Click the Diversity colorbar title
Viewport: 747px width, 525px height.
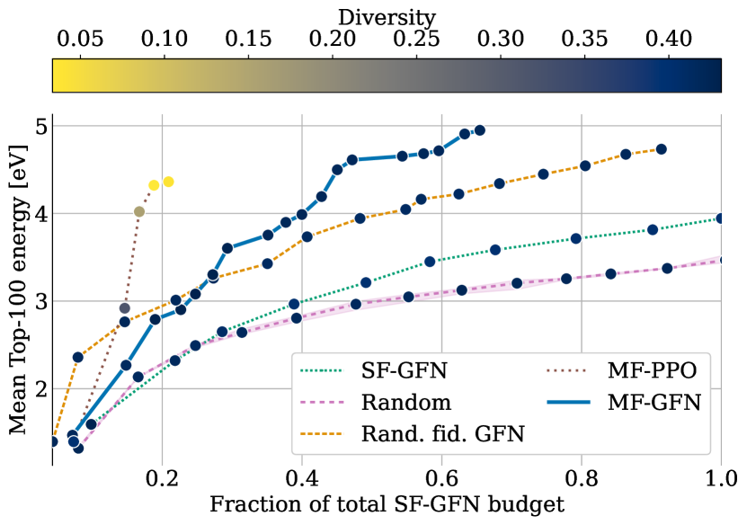[x=387, y=17]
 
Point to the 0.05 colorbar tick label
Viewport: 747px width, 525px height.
[x=80, y=41]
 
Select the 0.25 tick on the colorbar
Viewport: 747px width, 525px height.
[x=414, y=41]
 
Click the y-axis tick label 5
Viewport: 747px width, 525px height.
[x=39, y=127]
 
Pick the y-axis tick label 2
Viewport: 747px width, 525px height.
[x=39, y=389]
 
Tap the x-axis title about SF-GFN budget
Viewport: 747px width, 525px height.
[x=387, y=503]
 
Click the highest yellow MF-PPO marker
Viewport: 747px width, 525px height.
[x=168, y=182]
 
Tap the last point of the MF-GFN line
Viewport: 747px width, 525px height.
[x=479, y=130]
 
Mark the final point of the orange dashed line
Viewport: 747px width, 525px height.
[x=662, y=149]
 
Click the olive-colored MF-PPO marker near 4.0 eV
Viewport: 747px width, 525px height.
[x=139, y=211]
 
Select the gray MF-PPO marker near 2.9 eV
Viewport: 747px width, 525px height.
[x=125, y=308]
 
